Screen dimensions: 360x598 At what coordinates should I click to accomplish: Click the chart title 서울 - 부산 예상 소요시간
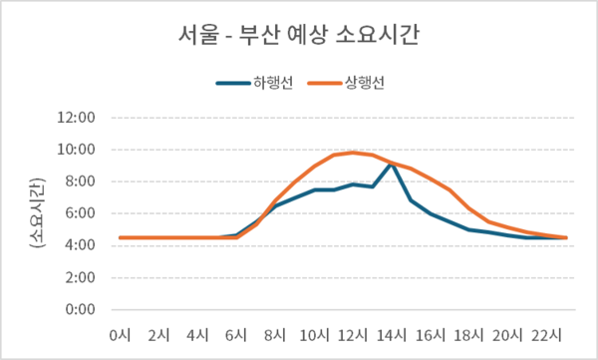(x=299, y=37)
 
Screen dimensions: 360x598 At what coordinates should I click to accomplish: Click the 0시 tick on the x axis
(x=120, y=333)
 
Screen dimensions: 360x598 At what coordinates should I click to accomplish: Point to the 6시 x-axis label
(x=236, y=333)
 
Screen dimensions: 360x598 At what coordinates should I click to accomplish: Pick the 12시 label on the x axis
(x=353, y=333)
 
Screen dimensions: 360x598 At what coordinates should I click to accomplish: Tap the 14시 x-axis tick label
(x=392, y=333)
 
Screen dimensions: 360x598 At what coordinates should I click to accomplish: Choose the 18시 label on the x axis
(x=469, y=333)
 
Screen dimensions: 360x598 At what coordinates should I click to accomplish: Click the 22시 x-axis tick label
(x=547, y=333)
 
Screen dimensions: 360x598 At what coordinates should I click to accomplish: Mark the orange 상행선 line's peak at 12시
(x=353, y=153)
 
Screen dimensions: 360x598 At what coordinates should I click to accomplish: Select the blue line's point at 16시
(x=431, y=213)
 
